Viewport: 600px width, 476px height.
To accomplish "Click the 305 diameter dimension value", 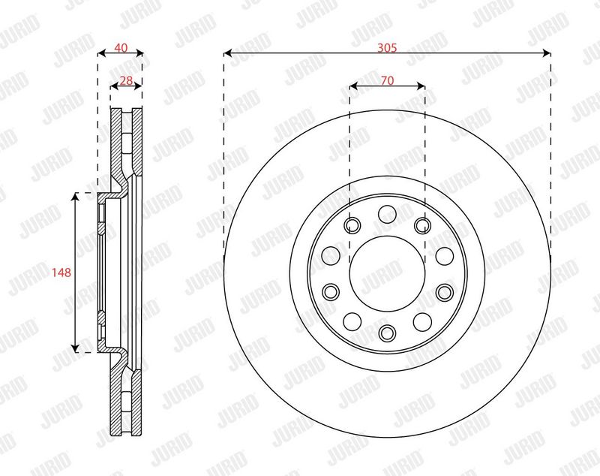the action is click(x=387, y=48).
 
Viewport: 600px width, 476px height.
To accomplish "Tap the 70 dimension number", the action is click(x=387, y=80).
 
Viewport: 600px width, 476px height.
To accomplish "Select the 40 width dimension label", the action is click(x=121, y=48).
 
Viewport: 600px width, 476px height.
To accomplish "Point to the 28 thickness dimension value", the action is click(x=126, y=80).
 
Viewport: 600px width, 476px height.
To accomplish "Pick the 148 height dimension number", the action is click(x=61, y=273).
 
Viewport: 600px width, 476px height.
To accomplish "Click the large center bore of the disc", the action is click(x=387, y=273).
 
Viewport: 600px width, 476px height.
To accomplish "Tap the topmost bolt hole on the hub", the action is click(x=387, y=214).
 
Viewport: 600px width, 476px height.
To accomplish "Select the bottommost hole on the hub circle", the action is click(x=387, y=332).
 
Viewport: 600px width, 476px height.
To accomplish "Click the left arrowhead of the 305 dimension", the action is click(x=228, y=53).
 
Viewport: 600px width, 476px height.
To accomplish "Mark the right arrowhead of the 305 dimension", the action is click(x=547, y=53).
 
